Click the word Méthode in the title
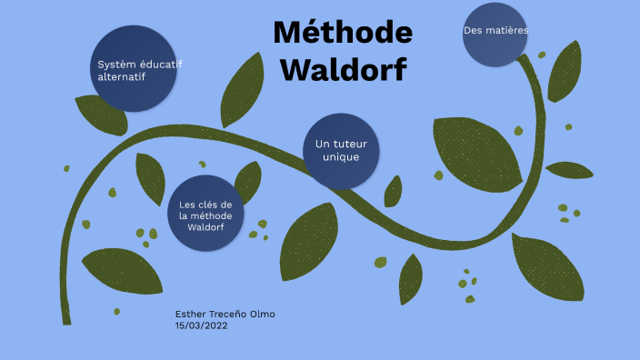[x=343, y=34]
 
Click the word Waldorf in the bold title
[x=343, y=69]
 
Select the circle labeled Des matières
[x=495, y=35]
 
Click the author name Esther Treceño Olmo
[x=225, y=314]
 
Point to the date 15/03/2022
[x=201, y=325]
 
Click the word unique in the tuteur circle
[x=342, y=157]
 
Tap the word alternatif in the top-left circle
[x=122, y=76]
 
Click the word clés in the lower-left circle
[x=208, y=205]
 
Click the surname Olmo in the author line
[x=260, y=314]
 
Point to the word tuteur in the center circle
[x=349, y=145]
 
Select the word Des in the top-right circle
[x=472, y=30]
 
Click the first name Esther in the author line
[x=190, y=314]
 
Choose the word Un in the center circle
[x=322, y=145]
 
